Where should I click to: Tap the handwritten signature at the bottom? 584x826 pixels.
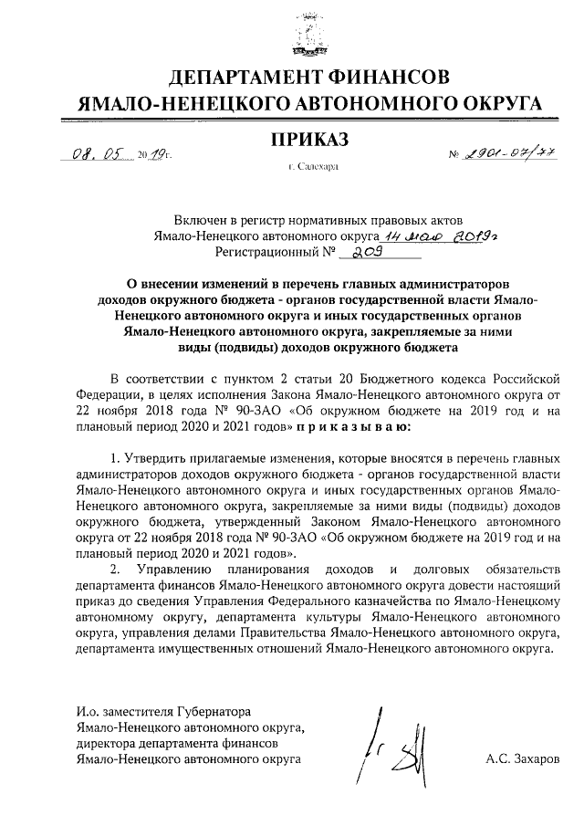tap(392, 750)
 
